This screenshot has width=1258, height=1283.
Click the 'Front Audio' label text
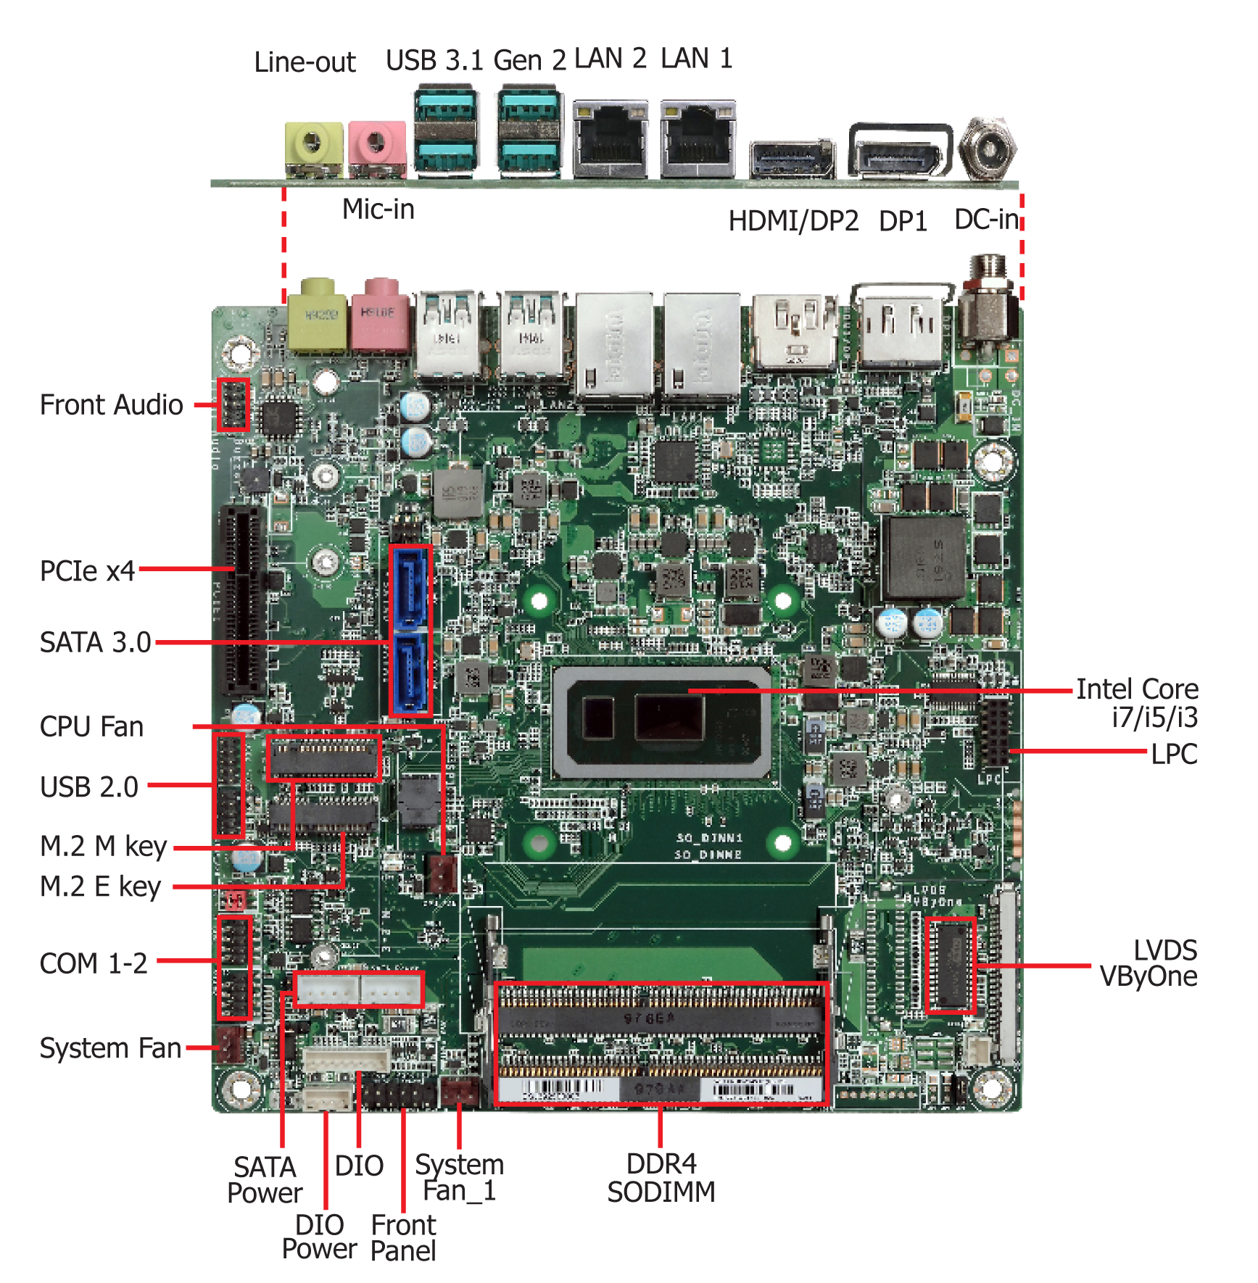(111, 405)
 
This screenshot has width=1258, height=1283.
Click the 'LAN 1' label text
(696, 59)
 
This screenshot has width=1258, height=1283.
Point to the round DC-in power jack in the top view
(987, 149)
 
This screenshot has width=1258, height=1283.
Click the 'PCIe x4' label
(87, 571)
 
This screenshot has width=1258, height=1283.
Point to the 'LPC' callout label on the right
(1173, 755)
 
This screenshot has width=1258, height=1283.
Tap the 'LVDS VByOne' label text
(1149, 963)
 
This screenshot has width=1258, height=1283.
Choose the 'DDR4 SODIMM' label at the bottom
(661, 1178)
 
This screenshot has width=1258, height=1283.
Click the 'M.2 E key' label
(100, 887)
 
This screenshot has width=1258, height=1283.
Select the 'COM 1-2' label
(94, 963)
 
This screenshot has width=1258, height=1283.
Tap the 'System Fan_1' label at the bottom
(459, 1178)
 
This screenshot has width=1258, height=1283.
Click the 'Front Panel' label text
(403, 1238)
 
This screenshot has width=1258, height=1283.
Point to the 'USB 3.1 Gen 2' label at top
(475, 60)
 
